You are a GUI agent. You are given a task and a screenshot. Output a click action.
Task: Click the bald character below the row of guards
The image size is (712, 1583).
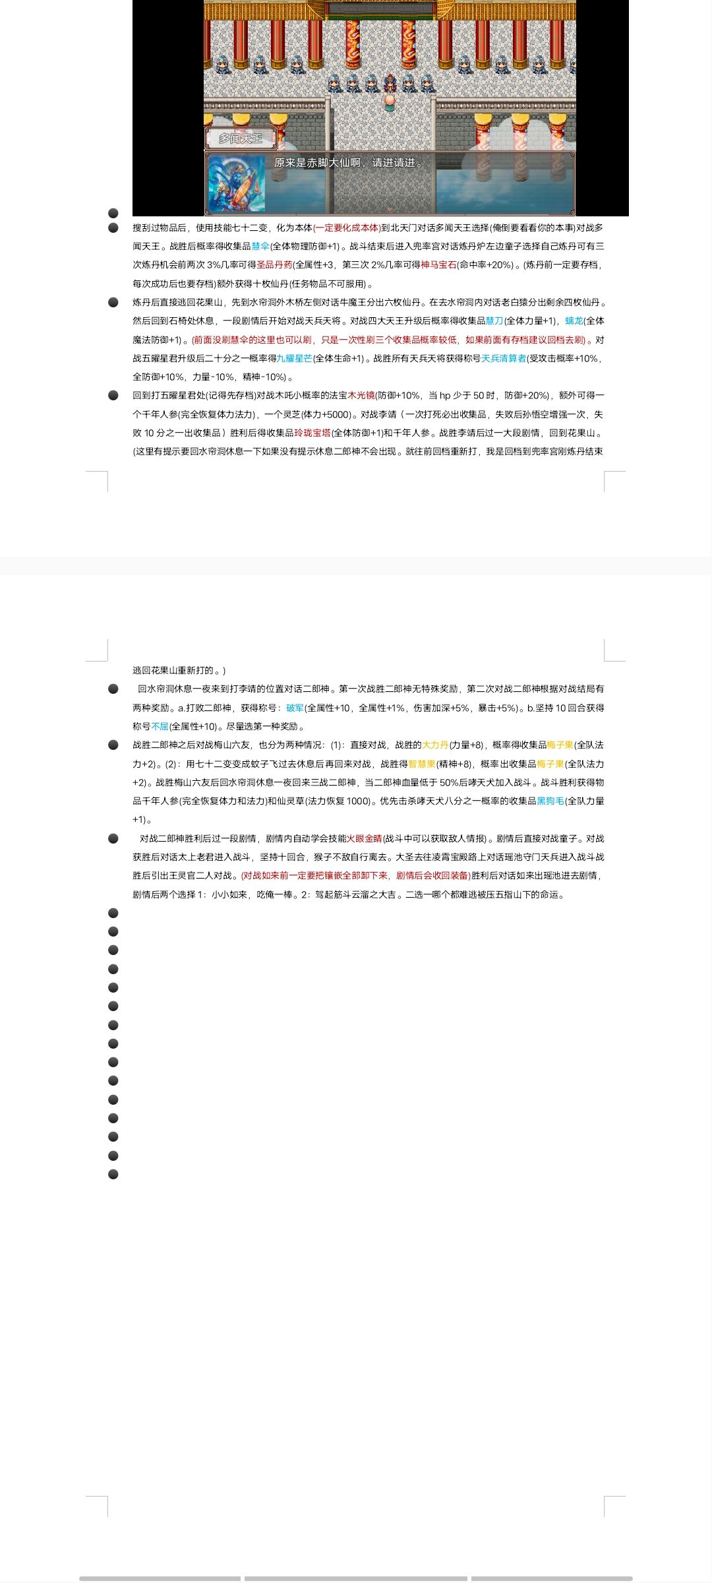coord(390,101)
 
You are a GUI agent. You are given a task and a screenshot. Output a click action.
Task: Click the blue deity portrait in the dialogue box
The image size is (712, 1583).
coord(237,184)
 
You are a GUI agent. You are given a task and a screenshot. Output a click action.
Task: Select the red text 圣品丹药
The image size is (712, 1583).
coord(274,264)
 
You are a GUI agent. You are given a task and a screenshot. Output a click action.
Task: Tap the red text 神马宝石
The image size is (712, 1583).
coord(438,264)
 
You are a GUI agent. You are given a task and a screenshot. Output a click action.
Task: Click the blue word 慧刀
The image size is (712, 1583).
coord(494,321)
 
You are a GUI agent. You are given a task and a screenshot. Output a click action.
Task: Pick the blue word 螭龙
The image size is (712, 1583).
coord(574,321)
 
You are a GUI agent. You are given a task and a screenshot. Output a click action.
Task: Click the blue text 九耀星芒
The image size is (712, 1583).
coord(294,358)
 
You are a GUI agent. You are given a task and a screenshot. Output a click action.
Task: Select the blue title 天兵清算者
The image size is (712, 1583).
coord(504,358)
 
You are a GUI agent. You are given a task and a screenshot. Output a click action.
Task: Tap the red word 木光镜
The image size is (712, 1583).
coord(361,395)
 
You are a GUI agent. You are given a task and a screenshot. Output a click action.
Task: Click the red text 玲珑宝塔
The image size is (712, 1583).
coord(312,433)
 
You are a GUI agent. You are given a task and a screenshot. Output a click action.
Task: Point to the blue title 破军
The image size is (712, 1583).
coord(295,708)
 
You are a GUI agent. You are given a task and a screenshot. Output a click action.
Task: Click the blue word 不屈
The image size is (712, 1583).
coord(160,726)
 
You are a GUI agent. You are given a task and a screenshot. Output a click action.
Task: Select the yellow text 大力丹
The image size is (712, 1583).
coord(435,745)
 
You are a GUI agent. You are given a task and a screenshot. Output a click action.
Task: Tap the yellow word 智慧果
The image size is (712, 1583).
coord(422,764)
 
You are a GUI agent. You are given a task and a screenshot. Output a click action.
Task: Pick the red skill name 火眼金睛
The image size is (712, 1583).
coord(365,838)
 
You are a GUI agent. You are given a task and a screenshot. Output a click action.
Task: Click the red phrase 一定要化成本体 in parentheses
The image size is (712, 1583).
coord(346,228)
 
